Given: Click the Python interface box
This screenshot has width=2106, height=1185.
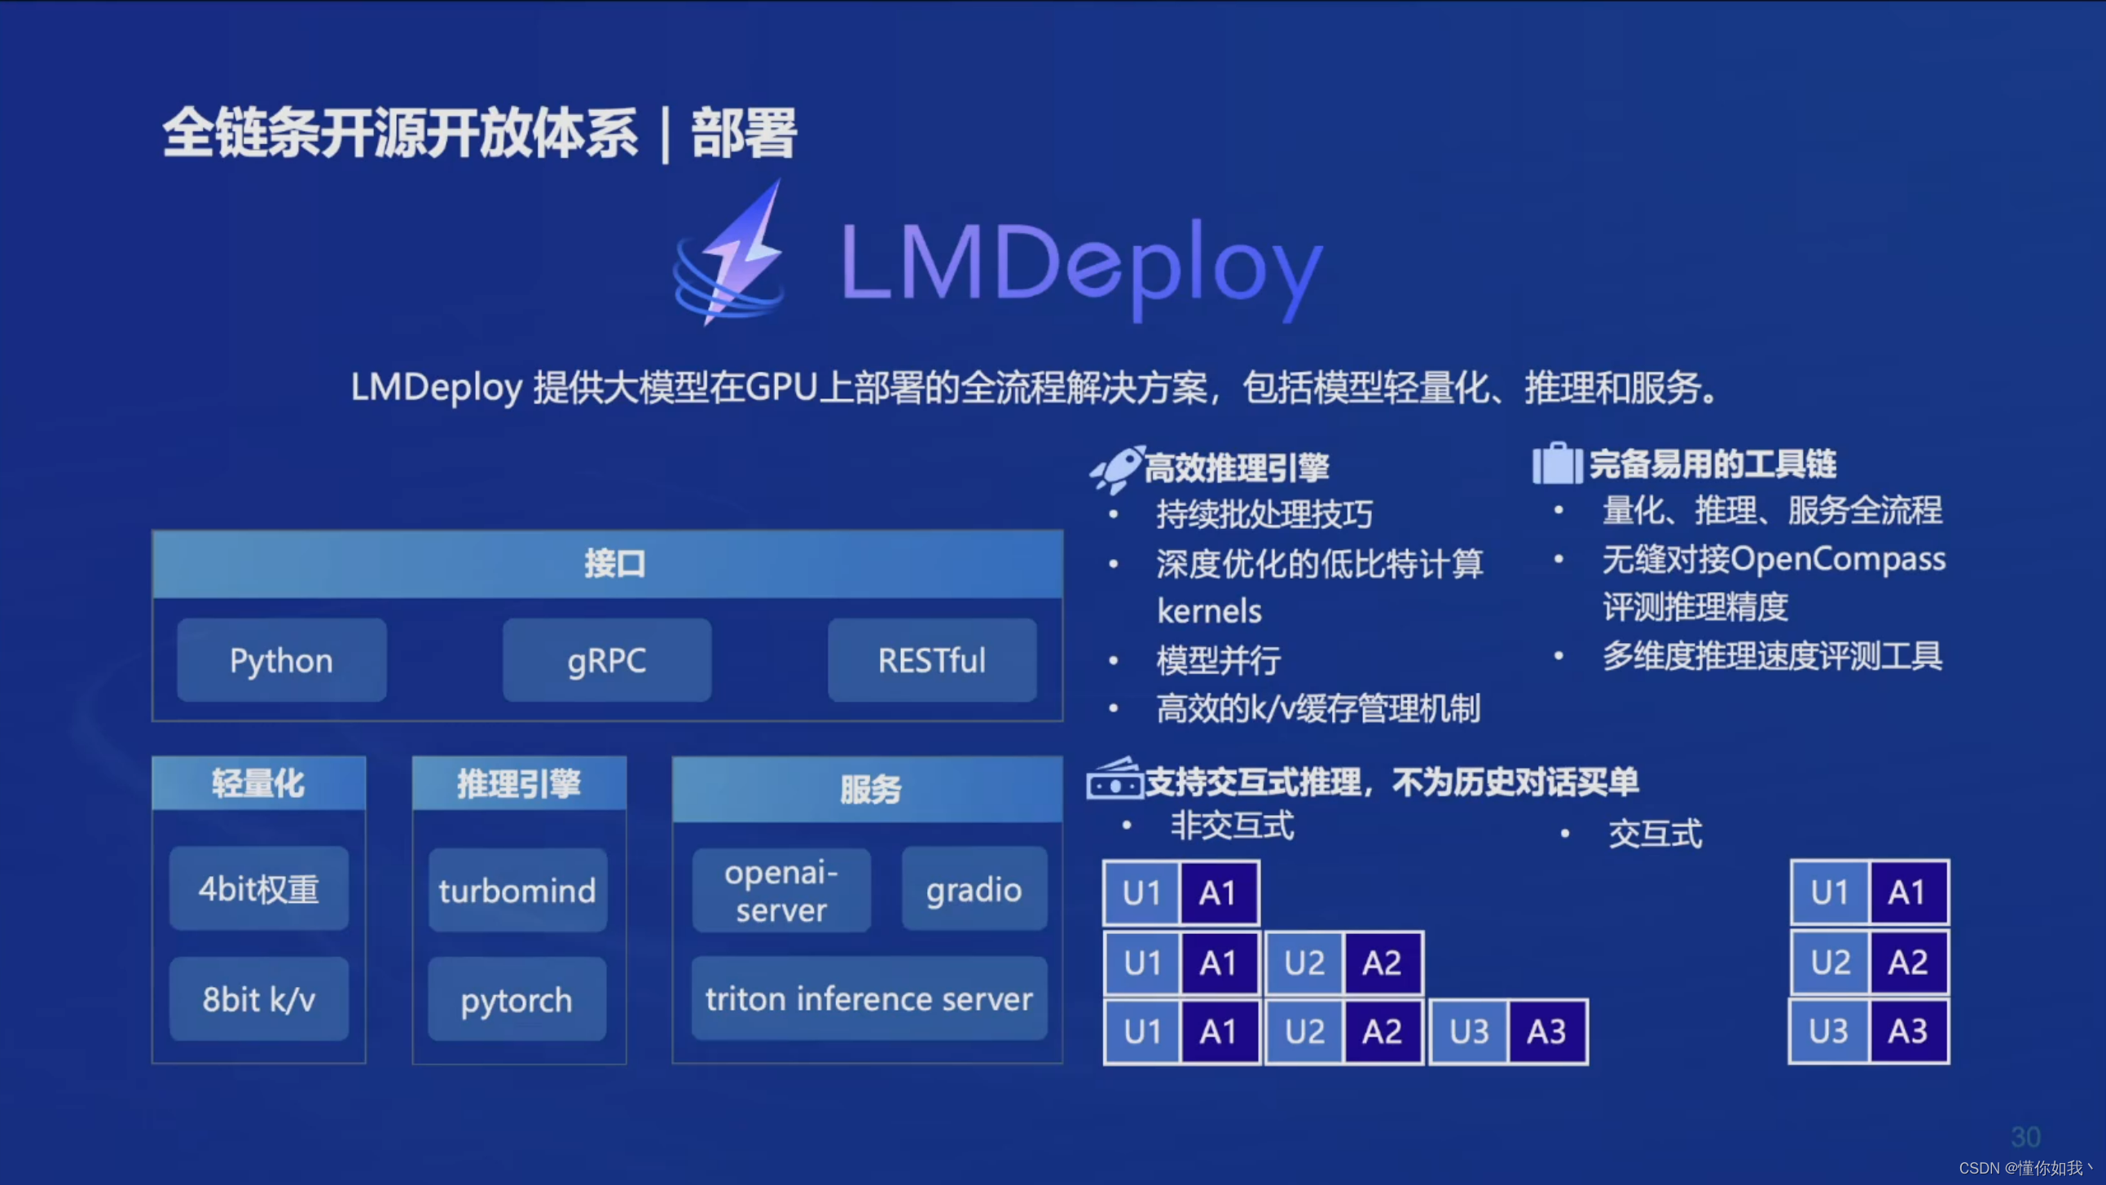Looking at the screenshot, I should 281,660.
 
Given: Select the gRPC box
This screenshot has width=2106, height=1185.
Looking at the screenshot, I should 607,660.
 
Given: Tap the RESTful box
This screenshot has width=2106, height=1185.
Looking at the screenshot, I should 932,660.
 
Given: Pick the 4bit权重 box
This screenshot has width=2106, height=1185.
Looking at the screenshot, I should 258,889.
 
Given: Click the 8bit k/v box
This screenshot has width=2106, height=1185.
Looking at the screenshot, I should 258,999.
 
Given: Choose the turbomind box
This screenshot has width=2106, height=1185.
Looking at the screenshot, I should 517,890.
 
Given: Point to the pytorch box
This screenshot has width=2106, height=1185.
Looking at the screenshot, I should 517,999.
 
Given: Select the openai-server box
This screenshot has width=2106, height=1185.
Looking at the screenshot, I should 781,891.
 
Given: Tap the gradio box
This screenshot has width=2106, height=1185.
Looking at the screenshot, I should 974,889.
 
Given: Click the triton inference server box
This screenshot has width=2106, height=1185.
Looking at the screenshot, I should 869,998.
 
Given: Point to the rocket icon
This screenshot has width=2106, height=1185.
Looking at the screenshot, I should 1116,469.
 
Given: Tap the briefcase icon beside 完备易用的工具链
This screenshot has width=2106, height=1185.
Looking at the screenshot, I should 1557,464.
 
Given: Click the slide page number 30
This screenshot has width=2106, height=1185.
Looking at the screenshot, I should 2025,1137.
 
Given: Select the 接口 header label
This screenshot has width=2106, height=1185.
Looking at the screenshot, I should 615,563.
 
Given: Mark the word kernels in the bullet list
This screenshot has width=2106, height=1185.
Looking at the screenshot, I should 1209,611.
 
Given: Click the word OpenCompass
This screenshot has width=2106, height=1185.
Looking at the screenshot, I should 1837,559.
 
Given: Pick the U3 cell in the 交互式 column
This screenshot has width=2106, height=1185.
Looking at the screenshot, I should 1829,1031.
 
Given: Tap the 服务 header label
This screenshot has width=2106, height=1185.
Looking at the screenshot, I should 871,789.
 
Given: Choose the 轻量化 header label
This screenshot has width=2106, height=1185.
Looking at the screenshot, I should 258,783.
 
